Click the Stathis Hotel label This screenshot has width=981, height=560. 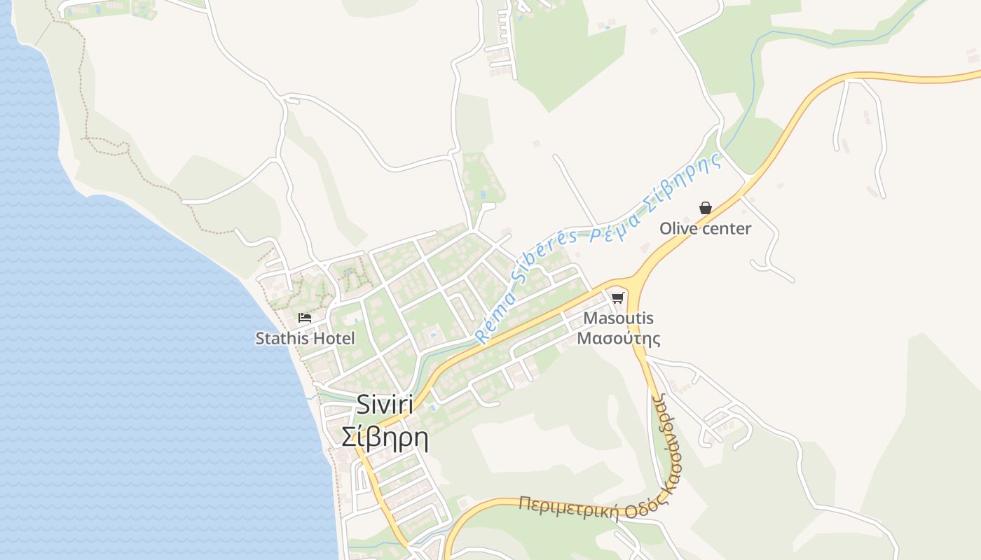(x=305, y=339)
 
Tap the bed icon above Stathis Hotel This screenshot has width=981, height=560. (x=304, y=318)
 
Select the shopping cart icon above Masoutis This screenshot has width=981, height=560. (x=617, y=297)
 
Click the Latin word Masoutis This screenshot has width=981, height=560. (x=618, y=318)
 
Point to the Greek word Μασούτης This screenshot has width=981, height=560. (x=618, y=339)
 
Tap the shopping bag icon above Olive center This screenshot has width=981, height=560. (x=705, y=208)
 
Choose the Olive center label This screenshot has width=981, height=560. (x=705, y=229)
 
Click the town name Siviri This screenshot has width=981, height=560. (x=385, y=405)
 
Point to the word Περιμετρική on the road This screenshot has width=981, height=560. (x=568, y=508)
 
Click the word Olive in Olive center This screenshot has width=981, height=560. (x=678, y=229)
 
